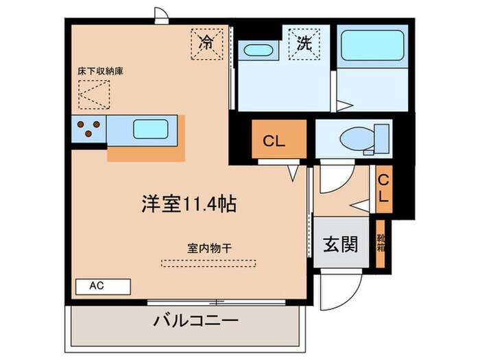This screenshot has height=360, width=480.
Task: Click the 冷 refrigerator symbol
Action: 207,44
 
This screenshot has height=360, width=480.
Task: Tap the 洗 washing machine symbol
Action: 304,44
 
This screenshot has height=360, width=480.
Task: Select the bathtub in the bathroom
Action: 372,45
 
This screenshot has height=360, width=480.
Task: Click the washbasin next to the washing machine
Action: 258,50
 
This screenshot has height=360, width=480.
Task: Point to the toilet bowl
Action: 357,139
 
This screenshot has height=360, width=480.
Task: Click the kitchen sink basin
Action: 151,129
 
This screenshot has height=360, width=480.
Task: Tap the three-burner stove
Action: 88,129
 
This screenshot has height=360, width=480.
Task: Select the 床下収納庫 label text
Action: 100,71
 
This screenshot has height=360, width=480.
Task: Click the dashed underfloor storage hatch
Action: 94,95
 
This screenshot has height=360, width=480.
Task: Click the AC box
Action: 103,287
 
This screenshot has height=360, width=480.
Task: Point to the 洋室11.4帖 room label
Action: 189,204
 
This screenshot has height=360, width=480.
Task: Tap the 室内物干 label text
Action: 209,248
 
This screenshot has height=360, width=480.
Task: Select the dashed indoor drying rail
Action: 208,263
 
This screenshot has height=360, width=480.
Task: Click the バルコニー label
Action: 195,321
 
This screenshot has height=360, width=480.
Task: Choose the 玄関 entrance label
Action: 340,244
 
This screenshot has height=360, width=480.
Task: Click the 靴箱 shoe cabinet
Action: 380,243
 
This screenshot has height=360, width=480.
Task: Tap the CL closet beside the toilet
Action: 279,139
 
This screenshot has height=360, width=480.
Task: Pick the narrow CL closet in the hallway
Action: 384,189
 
